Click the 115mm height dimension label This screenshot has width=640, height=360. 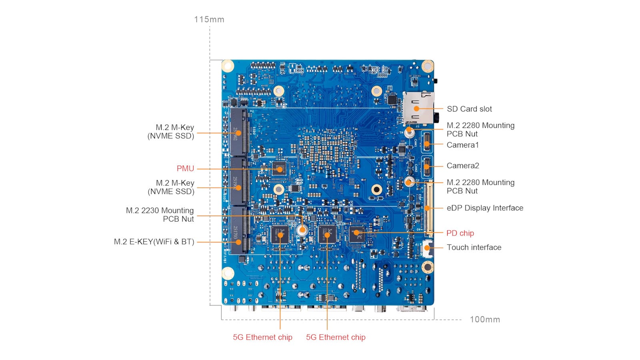point(209,19)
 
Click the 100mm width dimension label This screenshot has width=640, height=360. point(485,319)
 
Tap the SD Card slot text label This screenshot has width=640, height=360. point(469,109)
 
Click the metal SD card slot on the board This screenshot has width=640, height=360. point(418,108)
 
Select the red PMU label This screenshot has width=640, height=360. point(185,168)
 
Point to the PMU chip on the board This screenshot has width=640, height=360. point(280,168)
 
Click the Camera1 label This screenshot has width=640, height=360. point(462,145)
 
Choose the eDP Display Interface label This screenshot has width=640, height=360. point(485,208)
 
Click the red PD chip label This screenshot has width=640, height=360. point(460,233)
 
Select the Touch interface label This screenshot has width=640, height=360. point(474,247)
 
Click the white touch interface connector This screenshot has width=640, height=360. point(427,248)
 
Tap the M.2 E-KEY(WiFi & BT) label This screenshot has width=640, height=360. point(154,242)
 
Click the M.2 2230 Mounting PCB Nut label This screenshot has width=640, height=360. point(160,214)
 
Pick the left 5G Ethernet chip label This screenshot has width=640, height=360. point(262,337)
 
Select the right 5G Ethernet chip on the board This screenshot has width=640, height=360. point(327,234)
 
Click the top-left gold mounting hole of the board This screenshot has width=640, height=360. point(228,66)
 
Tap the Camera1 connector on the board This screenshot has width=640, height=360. point(427,143)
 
